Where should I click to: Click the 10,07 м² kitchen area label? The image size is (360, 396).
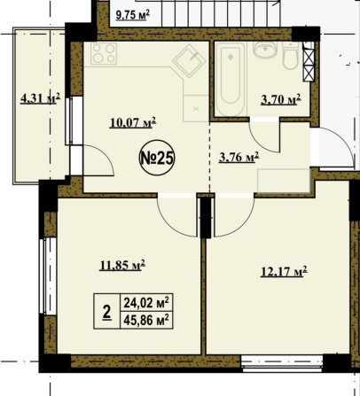(133, 122)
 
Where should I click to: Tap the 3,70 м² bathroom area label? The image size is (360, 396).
(281, 99)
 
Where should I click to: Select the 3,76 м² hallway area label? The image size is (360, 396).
(239, 157)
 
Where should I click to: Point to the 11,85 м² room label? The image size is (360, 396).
(122, 265)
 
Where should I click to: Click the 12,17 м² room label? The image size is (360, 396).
(284, 271)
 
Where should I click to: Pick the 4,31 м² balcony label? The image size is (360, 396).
(40, 97)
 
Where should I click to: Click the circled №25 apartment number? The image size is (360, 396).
(157, 158)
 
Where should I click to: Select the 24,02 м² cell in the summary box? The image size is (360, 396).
(146, 302)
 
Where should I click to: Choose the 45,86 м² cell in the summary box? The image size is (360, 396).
(146, 320)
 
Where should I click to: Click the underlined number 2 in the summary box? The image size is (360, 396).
(107, 311)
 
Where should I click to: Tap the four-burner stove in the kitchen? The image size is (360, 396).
(103, 53)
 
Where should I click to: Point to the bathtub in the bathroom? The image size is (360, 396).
(230, 79)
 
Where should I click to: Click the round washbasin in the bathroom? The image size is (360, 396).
(265, 50)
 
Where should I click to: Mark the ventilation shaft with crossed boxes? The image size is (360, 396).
(308, 62)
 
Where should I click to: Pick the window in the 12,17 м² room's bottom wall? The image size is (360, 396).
(282, 362)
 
